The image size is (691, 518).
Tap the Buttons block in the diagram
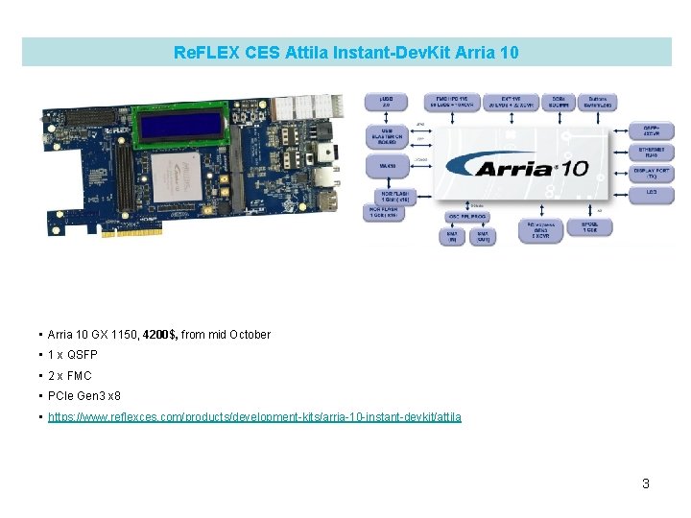click(596, 102)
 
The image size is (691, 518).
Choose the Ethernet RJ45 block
click(653, 153)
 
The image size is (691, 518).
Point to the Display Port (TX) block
click(653, 174)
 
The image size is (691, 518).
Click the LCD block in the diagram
click(653, 195)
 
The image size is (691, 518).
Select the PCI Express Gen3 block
click(540, 231)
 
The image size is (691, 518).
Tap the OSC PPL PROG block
click(467, 217)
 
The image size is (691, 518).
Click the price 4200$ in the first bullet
click(159, 335)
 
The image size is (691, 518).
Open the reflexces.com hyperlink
click(254, 417)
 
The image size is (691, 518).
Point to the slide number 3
click(646, 483)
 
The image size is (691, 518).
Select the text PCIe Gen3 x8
click(84, 396)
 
